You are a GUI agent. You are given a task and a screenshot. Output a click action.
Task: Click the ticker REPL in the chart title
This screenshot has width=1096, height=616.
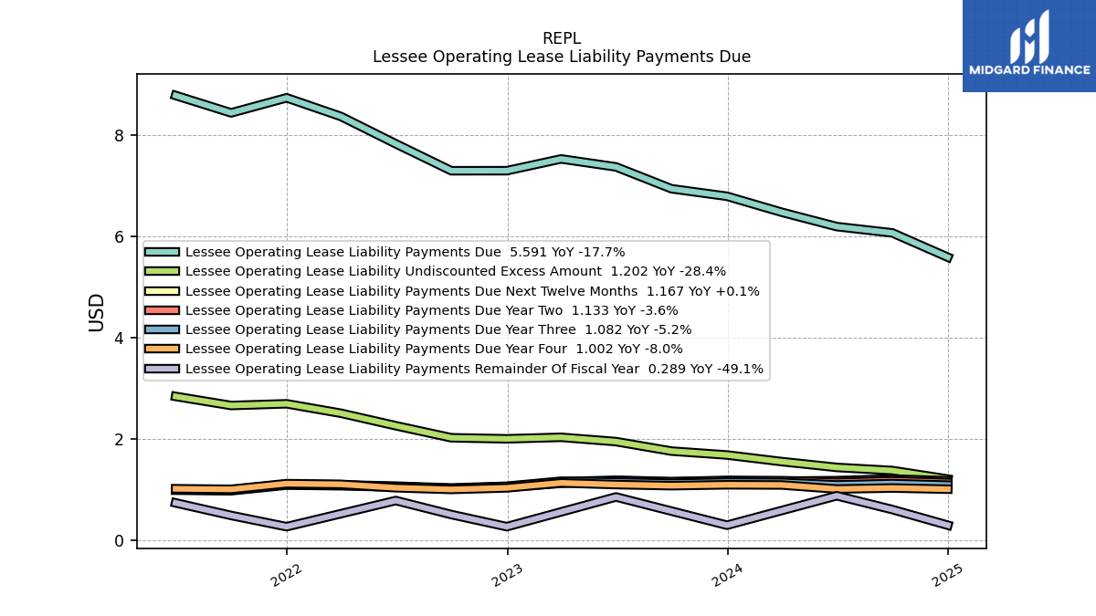pyautogui.click(x=561, y=38)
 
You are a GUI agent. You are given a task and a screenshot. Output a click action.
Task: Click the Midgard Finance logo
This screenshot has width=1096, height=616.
pyautogui.click(x=1029, y=46)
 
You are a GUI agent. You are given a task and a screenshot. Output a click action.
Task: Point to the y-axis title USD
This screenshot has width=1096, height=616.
pyautogui.click(x=97, y=313)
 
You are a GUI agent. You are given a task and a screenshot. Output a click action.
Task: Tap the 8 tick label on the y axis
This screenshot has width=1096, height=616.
pyautogui.click(x=119, y=135)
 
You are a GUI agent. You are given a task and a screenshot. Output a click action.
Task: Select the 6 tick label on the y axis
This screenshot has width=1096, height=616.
pyautogui.click(x=119, y=237)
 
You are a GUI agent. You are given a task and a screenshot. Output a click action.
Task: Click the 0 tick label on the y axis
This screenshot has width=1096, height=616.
pyautogui.click(x=119, y=540)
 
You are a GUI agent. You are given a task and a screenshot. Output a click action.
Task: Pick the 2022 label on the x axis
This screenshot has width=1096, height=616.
pyautogui.click(x=286, y=575)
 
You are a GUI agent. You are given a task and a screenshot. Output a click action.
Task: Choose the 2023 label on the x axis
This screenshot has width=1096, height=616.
pyautogui.click(x=507, y=575)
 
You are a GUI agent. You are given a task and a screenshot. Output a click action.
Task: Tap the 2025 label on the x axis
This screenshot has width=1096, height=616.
pyautogui.click(x=947, y=575)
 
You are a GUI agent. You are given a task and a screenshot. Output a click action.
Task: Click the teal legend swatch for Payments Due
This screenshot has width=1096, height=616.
pyautogui.click(x=162, y=252)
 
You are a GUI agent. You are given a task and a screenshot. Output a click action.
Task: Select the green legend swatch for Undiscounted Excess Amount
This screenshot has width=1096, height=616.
pyautogui.click(x=162, y=271)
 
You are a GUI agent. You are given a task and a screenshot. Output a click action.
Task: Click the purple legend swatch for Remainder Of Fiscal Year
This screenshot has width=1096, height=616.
pyautogui.click(x=162, y=369)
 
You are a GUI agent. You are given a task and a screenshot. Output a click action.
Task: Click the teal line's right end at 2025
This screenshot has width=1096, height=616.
pyautogui.click(x=950, y=257)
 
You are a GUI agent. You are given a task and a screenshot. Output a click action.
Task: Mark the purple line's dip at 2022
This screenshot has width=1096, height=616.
pyautogui.click(x=287, y=526)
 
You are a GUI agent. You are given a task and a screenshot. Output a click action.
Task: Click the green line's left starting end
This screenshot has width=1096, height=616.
pyautogui.click(x=173, y=396)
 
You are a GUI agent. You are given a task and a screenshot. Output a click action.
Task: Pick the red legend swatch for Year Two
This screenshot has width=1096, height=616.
pyautogui.click(x=162, y=310)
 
